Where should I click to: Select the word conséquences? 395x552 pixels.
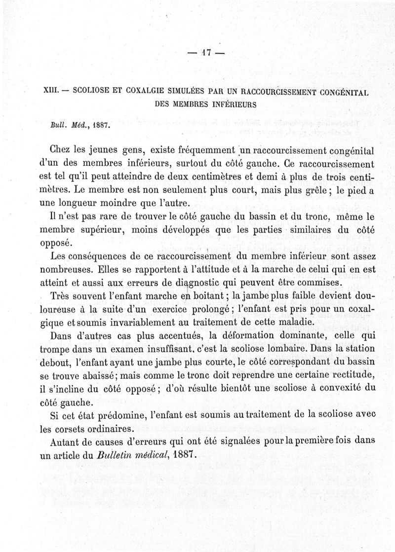tap(109, 256)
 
